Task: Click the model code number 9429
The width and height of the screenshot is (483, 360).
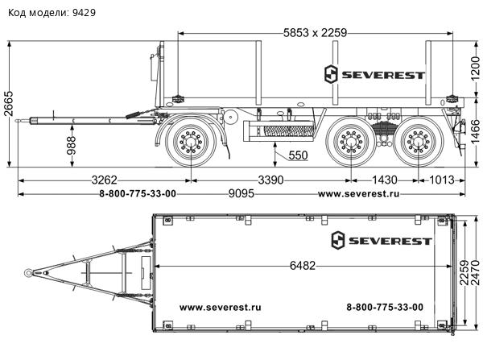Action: pos(84,13)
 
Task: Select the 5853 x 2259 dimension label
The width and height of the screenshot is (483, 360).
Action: pos(315,33)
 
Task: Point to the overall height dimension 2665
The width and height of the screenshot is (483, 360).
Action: pos(9,104)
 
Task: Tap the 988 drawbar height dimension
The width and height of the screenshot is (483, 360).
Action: pos(72,146)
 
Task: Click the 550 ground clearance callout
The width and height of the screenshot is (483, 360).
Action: pos(298,155)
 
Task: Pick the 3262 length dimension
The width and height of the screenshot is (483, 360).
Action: pos(105,180)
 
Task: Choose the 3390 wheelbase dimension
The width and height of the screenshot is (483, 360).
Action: pos(270,180)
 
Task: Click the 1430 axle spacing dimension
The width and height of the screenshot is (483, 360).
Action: pos(385,180)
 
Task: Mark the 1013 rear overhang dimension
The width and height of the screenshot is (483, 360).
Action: pos(441,180)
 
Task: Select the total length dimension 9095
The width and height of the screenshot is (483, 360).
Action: pos(242,193)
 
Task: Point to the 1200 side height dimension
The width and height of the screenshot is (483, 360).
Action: pos(476,68)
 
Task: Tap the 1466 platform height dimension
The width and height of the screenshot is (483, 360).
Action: pos(476,132)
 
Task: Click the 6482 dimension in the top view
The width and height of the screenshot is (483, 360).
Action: pos(303,266)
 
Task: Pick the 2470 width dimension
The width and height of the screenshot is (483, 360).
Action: pos(476,273)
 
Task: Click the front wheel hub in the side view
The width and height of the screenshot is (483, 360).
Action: pos(191,142)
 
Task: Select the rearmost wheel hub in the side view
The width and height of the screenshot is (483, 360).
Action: pos(419,142)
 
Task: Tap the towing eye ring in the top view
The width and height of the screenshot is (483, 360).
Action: pos(28,273)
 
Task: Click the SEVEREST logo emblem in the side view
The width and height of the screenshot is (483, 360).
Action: pos(331,74)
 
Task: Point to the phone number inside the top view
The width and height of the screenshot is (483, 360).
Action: pos(385,307)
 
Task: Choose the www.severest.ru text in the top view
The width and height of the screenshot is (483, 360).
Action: pos(221,308)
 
